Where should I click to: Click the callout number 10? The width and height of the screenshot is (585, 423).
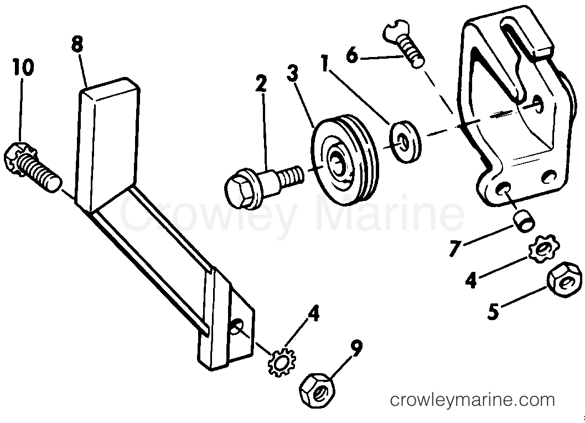[x=23, y=67]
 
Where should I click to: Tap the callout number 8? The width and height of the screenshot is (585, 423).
[x=77, y=45]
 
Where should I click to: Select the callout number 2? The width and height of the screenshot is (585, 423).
[x=262, y=84]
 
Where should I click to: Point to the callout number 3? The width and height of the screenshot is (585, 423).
[x=293, y=73]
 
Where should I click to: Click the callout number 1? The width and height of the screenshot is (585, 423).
[x=324, y=63]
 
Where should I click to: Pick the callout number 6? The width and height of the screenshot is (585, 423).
[x=353, y=55]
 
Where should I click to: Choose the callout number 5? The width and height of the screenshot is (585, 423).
[x=493, y=311]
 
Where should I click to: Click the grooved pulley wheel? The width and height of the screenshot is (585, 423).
[x=345, y=159]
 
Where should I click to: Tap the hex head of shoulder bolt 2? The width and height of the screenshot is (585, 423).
[x=240, y=190]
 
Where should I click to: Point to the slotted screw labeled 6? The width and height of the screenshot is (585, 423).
[x=403, y=43]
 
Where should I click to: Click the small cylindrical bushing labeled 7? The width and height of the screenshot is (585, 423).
[x=525, y=221]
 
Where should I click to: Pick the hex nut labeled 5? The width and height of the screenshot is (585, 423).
[x=565, y=279]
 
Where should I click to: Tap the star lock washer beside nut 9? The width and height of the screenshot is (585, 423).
[x=282, y=362]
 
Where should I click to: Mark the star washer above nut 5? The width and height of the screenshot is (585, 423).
[x=543, y=248]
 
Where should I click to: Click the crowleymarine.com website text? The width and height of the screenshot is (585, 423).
[x=472, y=400]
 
